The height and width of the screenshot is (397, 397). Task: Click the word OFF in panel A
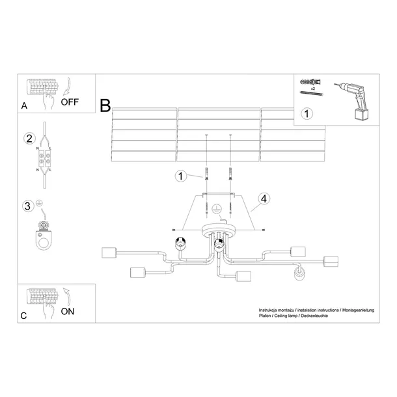70,102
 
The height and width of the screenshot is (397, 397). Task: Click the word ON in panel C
68,312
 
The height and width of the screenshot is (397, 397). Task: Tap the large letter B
105,105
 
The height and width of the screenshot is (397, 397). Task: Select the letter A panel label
24,105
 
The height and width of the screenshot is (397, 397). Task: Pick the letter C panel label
23,316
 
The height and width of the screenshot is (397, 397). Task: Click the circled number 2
29,139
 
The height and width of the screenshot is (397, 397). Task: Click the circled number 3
28,206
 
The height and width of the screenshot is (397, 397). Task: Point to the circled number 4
264,198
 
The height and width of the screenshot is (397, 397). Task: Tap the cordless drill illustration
353,100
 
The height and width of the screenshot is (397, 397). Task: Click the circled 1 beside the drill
307,114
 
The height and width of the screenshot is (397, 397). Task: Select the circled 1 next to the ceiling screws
181,176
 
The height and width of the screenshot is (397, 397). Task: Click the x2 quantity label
313,89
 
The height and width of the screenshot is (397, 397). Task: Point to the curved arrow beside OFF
68,87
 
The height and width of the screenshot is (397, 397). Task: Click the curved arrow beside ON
67,297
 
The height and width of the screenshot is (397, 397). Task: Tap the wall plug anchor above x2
310,82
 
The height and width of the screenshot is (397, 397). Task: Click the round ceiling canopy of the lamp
219,230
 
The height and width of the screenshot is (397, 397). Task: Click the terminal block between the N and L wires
44,158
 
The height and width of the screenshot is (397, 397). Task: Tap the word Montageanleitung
358,310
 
